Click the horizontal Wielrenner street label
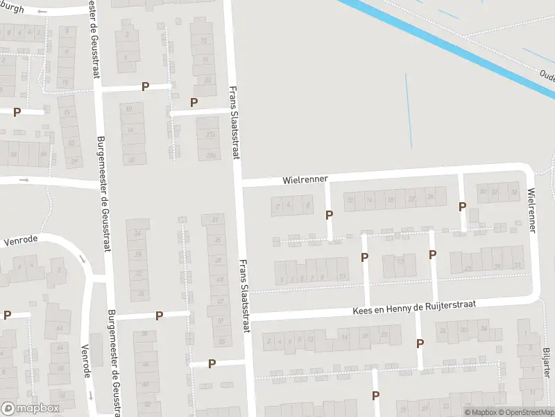[x=305, y=179]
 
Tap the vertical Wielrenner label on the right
[x=532, y=209]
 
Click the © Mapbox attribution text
[x=481, y=412]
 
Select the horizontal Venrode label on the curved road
[x=19, y=243]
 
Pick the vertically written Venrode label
[x=87, y=361]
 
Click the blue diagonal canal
[x=444, y=42]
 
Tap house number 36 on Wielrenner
[x=513, y=193]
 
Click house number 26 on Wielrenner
[x=432, y=197]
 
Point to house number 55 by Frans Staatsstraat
[x=221, y=342]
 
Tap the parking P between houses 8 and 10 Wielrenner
[x=329, y=215]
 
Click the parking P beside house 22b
[x=194, y=102]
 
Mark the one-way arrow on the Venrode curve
[x=82, y=259]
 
